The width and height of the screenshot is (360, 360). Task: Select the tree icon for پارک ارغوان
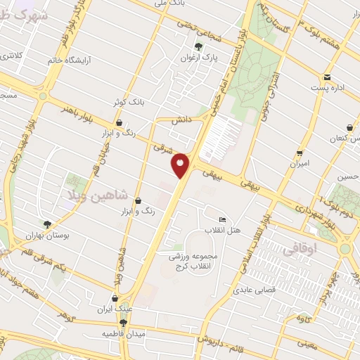coord(198,47)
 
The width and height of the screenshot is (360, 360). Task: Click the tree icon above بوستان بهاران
coord(48,224)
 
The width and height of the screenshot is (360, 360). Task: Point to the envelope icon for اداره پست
coord(327,77)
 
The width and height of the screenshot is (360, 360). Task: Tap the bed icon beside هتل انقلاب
coord(223,219)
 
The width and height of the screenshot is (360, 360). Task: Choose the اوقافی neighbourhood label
coord(300,250)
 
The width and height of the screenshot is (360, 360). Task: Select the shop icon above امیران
coord(300,152)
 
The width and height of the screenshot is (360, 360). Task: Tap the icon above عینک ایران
coord(115,297)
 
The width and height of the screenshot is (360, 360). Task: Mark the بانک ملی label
coord(172,4)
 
